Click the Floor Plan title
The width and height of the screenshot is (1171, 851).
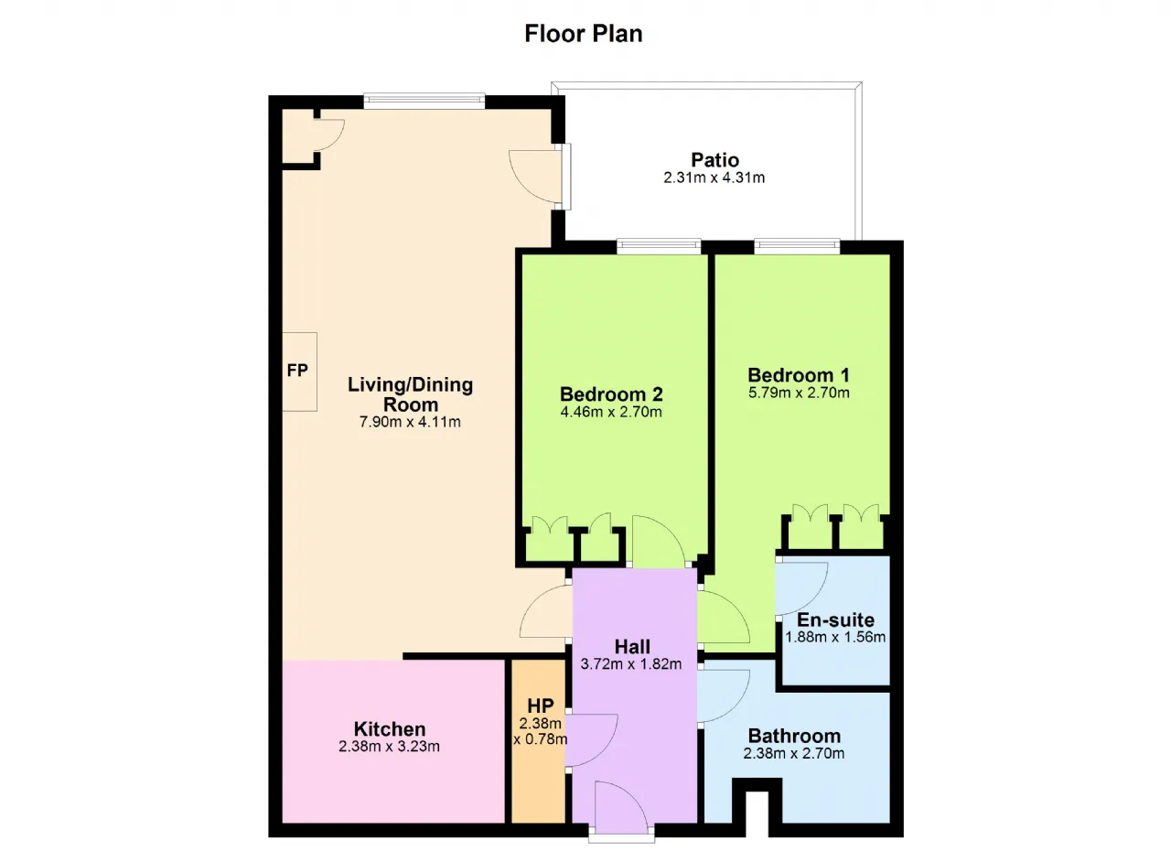584,34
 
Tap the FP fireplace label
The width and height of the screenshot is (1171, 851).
297,371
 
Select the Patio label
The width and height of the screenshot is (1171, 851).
714,159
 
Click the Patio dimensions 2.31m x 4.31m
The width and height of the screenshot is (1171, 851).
714,178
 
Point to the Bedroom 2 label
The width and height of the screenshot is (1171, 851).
611,393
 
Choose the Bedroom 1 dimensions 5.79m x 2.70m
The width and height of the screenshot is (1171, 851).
799,393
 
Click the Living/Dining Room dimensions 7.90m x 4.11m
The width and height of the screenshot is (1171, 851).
410,422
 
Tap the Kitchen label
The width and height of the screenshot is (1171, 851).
390,728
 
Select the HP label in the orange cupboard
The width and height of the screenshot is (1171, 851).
540,706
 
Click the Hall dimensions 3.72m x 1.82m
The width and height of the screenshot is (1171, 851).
631,663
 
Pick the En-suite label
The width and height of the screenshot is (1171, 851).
835,620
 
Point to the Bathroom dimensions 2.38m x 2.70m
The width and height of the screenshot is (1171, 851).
793,753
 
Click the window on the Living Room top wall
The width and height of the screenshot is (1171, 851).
424,101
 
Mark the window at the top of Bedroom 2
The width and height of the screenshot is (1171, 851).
658,245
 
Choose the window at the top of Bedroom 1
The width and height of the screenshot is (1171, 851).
797,245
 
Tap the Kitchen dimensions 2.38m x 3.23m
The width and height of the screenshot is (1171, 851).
389,746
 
